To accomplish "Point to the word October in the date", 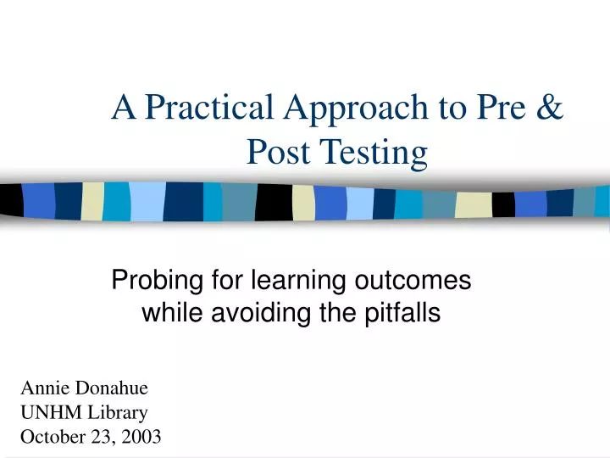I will click(53, 438).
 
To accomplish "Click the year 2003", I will click(141, 438).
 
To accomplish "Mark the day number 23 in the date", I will click(102, 438).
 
